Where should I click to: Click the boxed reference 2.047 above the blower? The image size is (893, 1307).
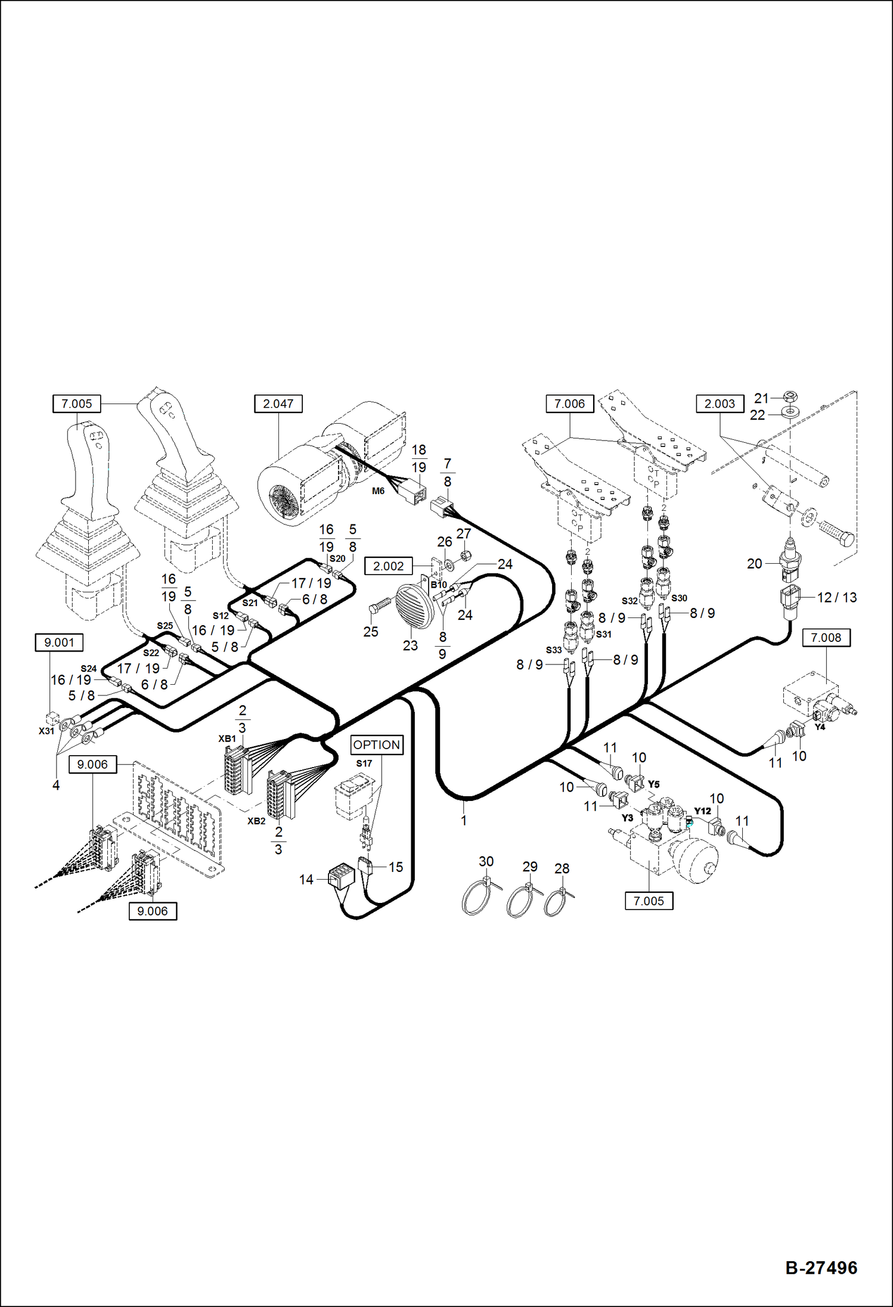(x=278, y=403)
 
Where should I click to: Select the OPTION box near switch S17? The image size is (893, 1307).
(x=377, y=744)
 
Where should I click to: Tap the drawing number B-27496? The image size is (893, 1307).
(x=821, y=1268)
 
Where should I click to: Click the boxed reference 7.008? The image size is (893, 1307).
(x=826, y=637)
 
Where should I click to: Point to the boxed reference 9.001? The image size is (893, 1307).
(x=59, y=642)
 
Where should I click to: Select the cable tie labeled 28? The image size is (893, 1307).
(x=556, y=902)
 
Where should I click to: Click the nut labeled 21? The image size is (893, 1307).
(x=790, y=396)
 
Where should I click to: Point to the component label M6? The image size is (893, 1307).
(x=378, y=491)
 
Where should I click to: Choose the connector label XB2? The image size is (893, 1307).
(x=256, y=821)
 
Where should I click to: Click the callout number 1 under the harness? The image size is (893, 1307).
(x=464, y=820)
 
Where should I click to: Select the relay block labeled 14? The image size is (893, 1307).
(x=342, y=876)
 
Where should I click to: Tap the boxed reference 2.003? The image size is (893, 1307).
(x=720, y=403)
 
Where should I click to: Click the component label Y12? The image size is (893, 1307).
(x=702, y=811)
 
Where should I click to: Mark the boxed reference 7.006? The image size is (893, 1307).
(x=569, y=403)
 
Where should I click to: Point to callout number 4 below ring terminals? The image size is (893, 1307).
(x=56, y=786)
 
